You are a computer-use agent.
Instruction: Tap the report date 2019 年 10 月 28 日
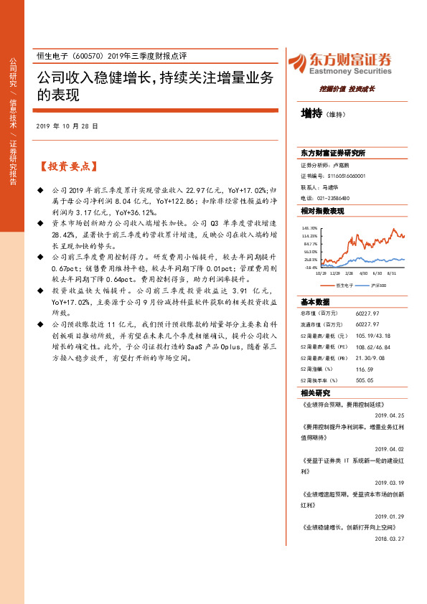pyautogui.click(x=67, y=126)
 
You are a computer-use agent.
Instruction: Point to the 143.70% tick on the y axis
pyautogui.click(x=310, y=227)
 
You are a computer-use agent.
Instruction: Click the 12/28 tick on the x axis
pyautogui.click(x=335, y=273)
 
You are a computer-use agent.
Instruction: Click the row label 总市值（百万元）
pyautogui.click(x=319, y=313)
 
